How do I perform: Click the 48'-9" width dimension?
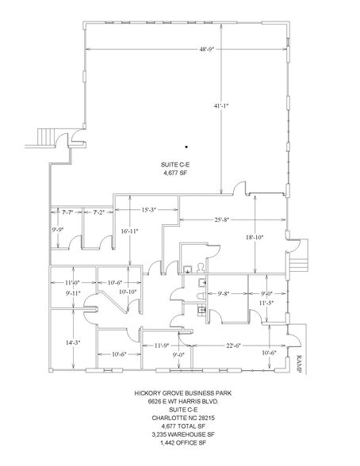click(x=209, y=49)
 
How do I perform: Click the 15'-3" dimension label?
click(x=147, y=210)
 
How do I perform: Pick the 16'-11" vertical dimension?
click(x=129, y=231)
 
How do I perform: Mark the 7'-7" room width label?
click(x=67, y=212)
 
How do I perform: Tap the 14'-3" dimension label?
click(x=72, y=342)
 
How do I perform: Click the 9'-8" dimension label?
click(x=224, y=293)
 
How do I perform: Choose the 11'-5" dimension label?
click(x=266, y=303)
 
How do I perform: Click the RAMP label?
click(x=300, y=362)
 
